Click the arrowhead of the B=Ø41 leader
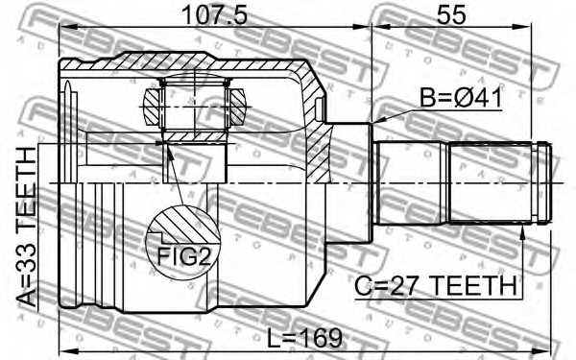(377, 121)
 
